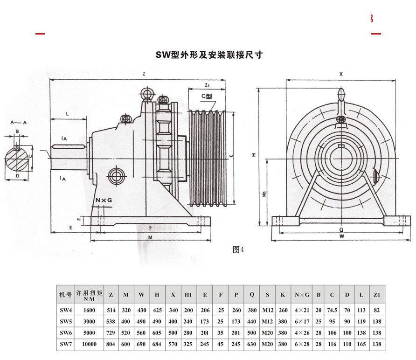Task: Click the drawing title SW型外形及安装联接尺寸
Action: click(209, 55)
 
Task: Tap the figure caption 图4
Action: click(238, 249)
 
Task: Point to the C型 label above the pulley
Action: click(207, 97)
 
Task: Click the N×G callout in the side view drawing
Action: click(104, 200)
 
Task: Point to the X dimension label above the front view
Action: click(341, 74)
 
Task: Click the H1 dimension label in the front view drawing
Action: click(264, 193)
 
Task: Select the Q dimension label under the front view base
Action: click(342, 230)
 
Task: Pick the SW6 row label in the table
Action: click(65, 333)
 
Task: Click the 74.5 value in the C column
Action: click(332, 310)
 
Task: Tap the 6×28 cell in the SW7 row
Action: click(302, 345)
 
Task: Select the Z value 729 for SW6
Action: click(111, 333)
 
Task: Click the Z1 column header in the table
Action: click(377, 295)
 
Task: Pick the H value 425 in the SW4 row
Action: click(157, 310)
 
